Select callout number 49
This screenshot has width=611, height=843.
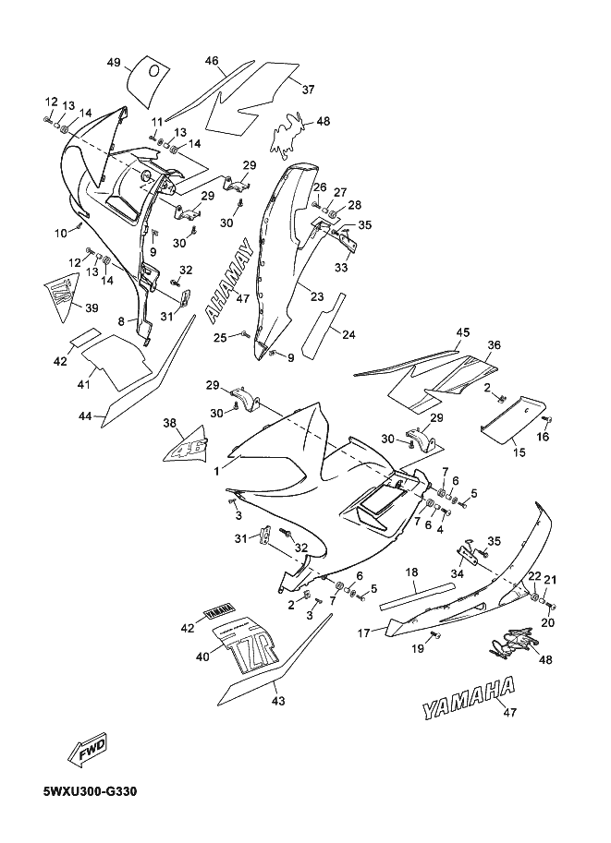[x=114, y=63]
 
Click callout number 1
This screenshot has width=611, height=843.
[x=216, y=472]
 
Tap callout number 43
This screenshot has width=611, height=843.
[x=279, y=701]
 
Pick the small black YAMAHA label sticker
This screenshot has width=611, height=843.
[x=220, y=610]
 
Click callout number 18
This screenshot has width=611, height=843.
[x=412, y=572]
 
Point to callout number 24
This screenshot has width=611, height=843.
[x=348, y=335]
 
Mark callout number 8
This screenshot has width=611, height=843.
[x=121, y=321]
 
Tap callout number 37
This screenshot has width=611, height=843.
[x=308, y=90]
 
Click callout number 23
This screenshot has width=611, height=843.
[x=318, y=296]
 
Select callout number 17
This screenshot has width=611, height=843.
[x=363, y=633]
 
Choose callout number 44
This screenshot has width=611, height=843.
[x=84, y=415]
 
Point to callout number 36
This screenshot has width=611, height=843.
[x=495, y=344]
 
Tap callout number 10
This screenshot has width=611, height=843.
[x=61, y=233]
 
